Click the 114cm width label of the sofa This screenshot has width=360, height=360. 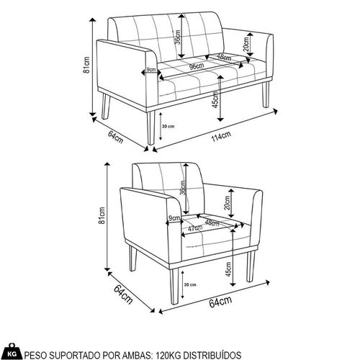221,136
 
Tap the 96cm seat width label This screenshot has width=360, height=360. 197,66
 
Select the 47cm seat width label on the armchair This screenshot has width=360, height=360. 195,228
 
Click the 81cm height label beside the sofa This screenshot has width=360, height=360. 86,65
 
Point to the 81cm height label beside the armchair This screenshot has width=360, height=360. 102,215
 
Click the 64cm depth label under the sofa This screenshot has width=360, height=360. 116,137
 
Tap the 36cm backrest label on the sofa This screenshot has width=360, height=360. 177,37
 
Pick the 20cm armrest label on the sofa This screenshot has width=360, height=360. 246,45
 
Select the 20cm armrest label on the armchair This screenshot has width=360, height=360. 227,203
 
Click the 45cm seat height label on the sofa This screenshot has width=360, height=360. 215,99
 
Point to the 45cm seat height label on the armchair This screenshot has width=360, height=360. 228,269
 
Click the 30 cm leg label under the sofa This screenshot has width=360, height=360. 168,126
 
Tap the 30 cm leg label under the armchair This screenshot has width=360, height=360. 190,284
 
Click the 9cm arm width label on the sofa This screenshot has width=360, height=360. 151,70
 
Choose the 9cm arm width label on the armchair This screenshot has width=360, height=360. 174,218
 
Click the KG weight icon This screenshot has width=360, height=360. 12,352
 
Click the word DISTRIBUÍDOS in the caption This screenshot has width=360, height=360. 213,355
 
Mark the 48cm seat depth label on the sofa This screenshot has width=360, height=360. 225,58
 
